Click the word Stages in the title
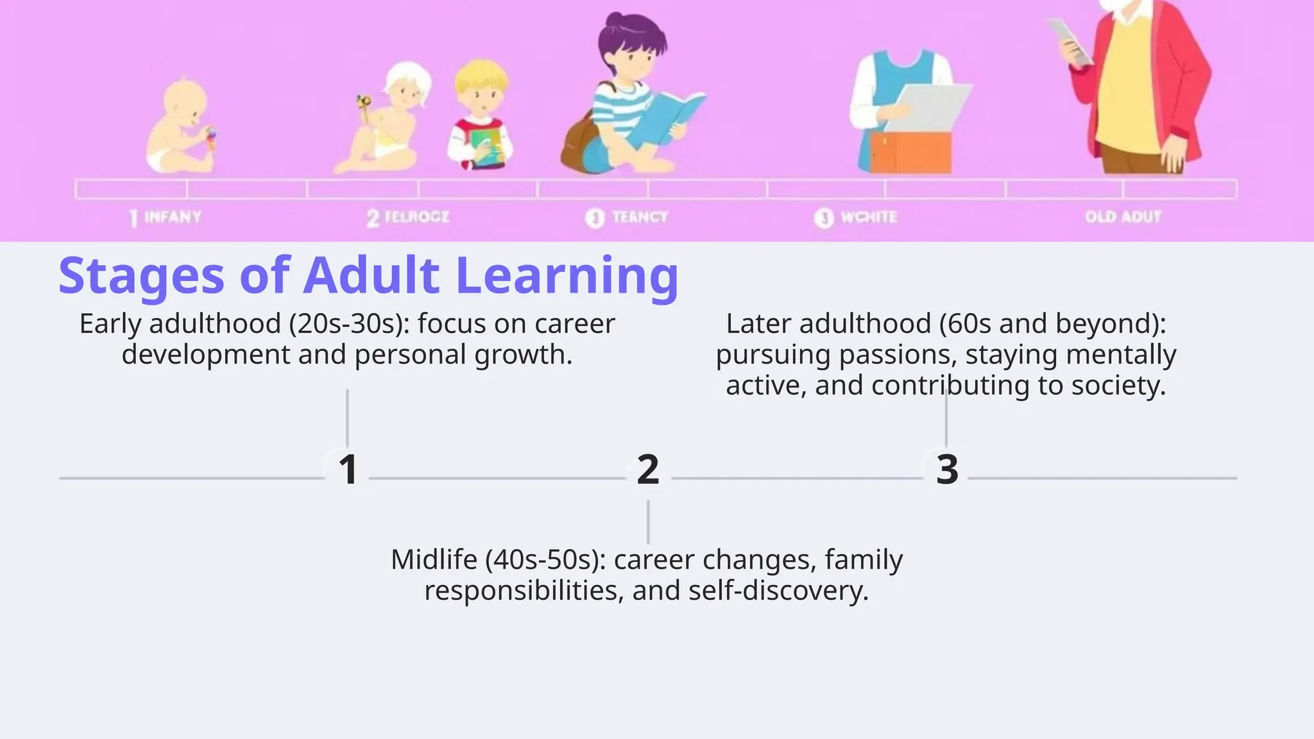pyautogui.click(x=141, y=276)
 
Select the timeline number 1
pyautogui.click(x=348, y=470)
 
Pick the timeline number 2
pyautogui.click(x=648, y=470)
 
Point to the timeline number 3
pyautogui.click(x=947, y=470)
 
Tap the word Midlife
pyautogui.click(x=434, y=560)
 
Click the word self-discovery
pyautogui.click(x=778, y=591)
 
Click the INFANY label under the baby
pyautogui.click(x=172, y=217)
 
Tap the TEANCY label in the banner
pyautogui.click(x=639, y=217)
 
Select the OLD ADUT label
pyautogui.click(x=1123, y=217)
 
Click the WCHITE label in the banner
pyautogui.click(x=868, y=217)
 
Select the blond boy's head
pyautogui.click(x=481, y=87)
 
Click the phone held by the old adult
pyautogui.click(x=1070, y=42)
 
